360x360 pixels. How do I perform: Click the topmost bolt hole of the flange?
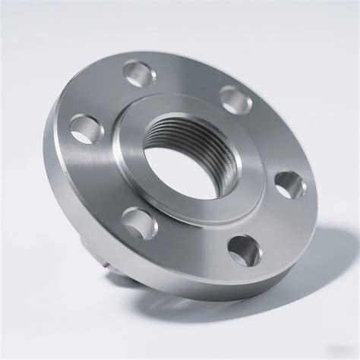pos(140,74)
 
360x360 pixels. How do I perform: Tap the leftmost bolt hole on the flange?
pos(85,128)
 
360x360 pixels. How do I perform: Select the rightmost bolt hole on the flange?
pos(290,185)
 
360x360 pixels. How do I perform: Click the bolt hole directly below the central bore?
pos(141,222)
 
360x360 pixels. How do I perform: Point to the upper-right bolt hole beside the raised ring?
pos(235,99)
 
